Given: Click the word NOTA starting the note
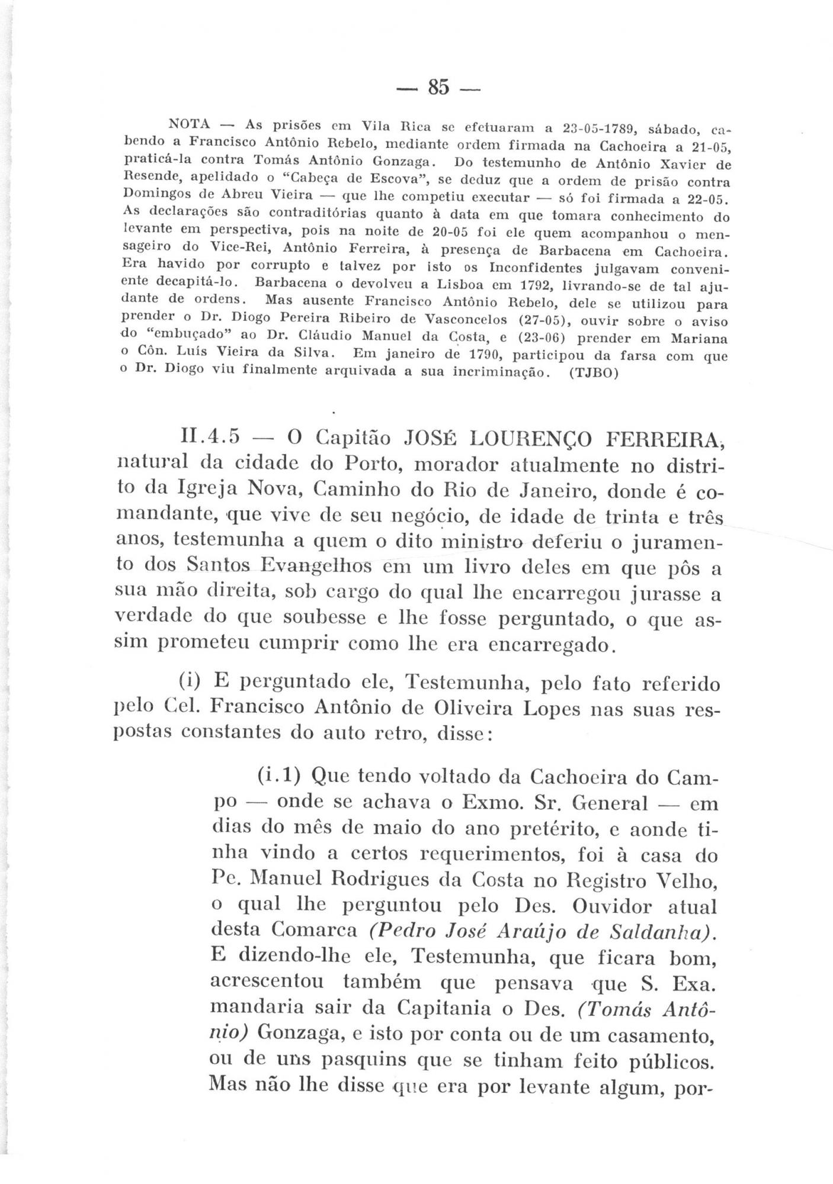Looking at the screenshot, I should click(190, 125).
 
